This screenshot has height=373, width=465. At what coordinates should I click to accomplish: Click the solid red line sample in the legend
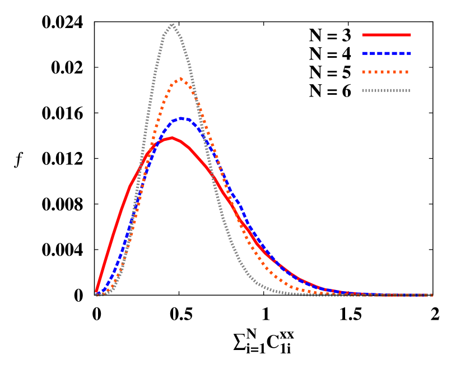click(387, 35)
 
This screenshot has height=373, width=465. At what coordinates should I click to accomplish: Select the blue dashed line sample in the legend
click(387, 53)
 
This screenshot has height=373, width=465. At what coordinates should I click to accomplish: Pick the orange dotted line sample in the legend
click(385, 72)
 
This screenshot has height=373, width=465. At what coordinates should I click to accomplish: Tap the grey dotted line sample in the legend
click(386, 90)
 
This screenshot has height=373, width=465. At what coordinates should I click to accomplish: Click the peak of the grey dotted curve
click(172, 24)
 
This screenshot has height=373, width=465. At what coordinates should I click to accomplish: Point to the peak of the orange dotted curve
click(180, 79)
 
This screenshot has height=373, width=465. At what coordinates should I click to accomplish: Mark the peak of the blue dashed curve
click(181, 118)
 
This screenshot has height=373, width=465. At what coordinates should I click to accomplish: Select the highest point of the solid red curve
click(172, 137)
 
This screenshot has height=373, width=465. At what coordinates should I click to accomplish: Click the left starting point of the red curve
click(96, 292)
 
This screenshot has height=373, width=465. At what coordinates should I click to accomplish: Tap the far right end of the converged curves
click(432, 295)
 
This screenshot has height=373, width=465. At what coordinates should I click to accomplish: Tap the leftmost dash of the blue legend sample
click(365, 53)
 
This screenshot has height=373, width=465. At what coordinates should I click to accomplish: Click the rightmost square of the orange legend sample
click(407, 72)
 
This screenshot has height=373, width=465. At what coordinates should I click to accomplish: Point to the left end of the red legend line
click(363, 35)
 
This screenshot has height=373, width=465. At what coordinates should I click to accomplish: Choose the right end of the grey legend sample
click(410, 90)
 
